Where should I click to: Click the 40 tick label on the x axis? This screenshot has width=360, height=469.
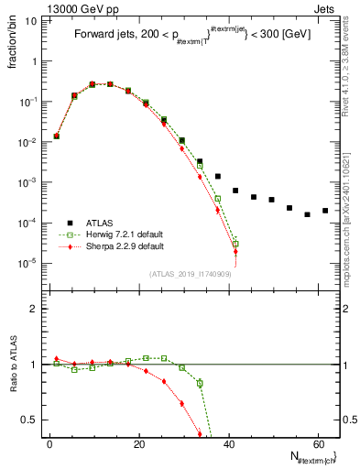[228, 442]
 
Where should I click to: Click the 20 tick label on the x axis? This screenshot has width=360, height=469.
[138, 442]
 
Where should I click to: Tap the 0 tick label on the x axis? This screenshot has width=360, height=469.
[49, 442]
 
